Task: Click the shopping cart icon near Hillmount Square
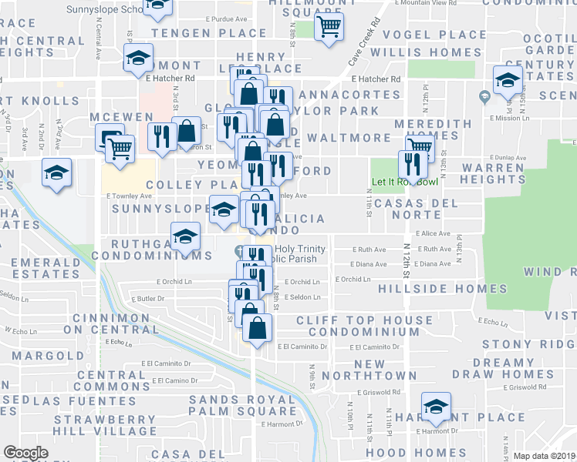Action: (x=329, y=27)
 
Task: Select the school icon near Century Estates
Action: (x=508, y=80)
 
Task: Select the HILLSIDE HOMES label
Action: (x=444, y=290)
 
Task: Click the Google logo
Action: (x=25, y=452)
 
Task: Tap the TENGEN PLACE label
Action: (x=203, y=34)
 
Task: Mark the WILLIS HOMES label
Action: (x=425, y=52)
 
